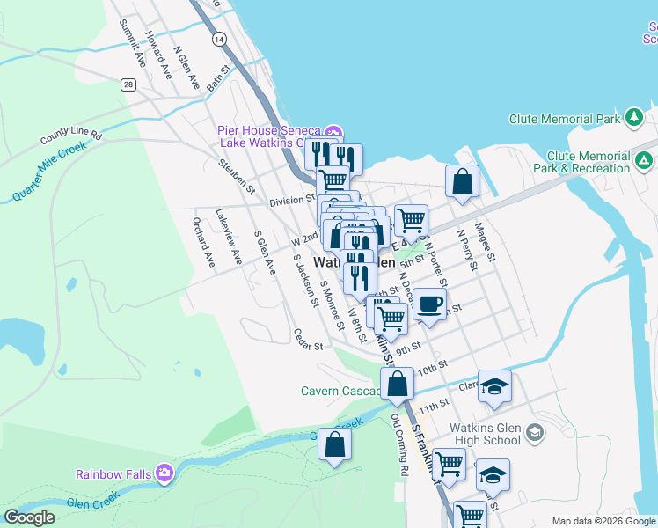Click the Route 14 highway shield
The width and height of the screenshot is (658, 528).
point(219,40)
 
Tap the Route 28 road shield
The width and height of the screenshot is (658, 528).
point(128,84)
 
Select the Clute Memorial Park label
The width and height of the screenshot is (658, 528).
point(565,118)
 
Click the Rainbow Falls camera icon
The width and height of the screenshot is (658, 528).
point(164,473)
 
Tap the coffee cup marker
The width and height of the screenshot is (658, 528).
point(428,304)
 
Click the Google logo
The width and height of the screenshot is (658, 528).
point(30,517)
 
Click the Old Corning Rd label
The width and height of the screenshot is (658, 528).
point(399,444)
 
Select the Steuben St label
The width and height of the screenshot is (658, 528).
point(237,176)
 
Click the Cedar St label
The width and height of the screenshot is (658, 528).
point(310,339)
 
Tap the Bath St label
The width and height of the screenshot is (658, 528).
point(219,77)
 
